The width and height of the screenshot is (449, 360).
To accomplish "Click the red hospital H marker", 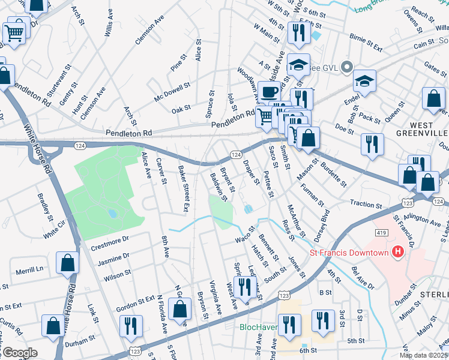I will [x=397, y=253].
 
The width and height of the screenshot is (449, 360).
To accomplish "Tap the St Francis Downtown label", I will [x=349, y=253].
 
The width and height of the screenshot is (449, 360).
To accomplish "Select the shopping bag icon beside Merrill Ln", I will [x=67, y=263].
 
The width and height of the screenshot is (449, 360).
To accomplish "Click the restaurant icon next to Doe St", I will [x=372, y=144].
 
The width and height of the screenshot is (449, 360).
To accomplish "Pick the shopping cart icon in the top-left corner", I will [x=16, y=32].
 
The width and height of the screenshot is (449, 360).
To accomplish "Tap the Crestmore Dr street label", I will [x=110, y=239].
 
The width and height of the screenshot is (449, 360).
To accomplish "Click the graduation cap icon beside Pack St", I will [x=364, y=81].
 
